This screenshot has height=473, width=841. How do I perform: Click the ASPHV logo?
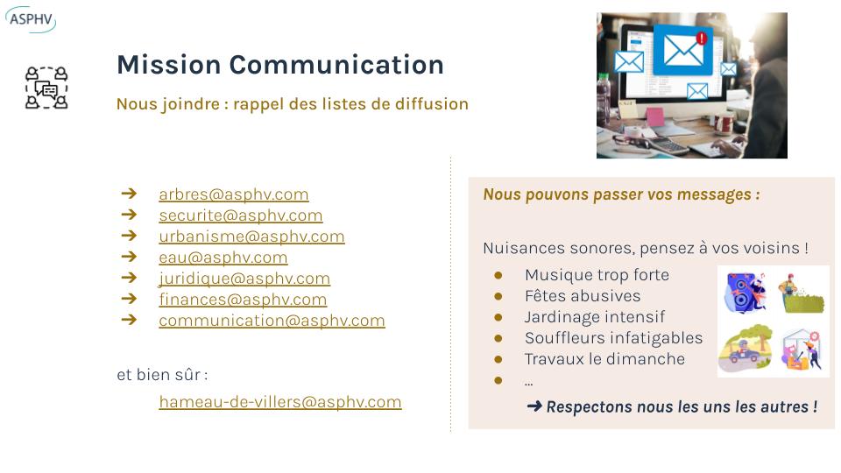pyautogui.click(x=31, y=19)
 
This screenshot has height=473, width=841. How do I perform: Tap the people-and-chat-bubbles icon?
pyautogui.click(x=46, y=88)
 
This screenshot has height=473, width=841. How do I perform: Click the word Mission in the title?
pyautogui.click(x=169, y=65)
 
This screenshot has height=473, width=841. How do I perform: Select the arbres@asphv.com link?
pyautogui.click(x=234, y=194)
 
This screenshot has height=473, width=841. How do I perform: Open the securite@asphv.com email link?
pyautogui.click(x=241, y=215)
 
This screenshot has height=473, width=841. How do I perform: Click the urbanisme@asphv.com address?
pyautogui.click(x=251, y=236)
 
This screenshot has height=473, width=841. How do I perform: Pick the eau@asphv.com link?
pyautogui.click(x=223, y=258)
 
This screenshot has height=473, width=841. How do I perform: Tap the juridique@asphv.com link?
pyautogui.click(x=244, y=279)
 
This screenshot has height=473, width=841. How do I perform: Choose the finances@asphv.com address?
pyautogui.click(x=243, y=300)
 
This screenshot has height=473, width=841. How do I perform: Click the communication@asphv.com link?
pyautogui.click(x=272, y=321)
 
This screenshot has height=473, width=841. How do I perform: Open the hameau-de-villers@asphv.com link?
pyautogui.click(x=280, y=402)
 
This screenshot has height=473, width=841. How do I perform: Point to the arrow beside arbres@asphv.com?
pyautogui.click(x=130, y=193)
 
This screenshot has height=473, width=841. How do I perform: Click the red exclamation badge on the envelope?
pyautogui.click(x=701, y=38)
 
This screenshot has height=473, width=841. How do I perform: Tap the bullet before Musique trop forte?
pyautogui.click(x=498, y=275)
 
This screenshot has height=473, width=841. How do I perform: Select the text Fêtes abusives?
pyautogui.click(x=583, y=296)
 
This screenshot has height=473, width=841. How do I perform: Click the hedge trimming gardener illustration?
pyautogui.click(x=802, y=293)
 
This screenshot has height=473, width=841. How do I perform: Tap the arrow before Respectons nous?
pyautogui.click(x=534, y=406)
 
